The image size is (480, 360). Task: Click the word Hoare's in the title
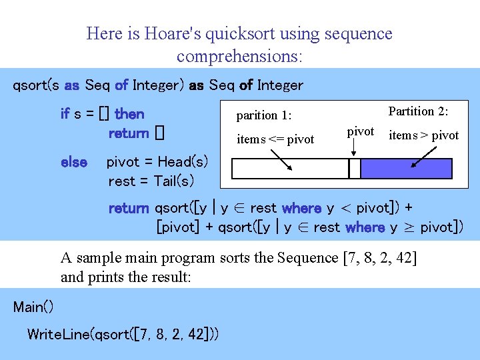167,33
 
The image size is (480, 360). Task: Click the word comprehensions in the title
239,56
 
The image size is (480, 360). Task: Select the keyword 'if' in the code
65,114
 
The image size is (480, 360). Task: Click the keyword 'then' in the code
129,114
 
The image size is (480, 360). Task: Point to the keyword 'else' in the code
73,162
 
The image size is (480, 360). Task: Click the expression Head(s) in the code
183,162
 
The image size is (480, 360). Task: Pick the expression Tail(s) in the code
174,181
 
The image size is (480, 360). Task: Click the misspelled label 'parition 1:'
265,115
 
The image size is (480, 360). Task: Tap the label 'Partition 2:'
418,111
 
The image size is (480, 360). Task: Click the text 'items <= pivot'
275,139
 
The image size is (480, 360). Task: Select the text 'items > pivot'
423,135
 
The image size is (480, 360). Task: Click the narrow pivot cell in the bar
355,169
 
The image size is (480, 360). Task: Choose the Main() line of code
33,307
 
